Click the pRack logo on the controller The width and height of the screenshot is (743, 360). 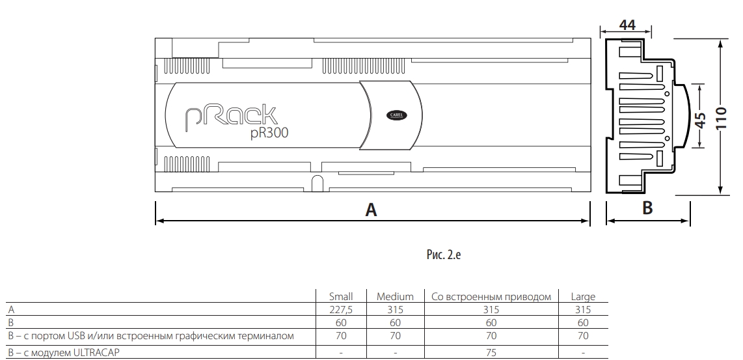[230, 117]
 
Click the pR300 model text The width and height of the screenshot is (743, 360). [269, 133]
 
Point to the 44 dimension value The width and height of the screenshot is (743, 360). [627, 25]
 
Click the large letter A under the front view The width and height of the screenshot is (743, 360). [371, 210]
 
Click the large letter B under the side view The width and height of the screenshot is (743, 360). [647, 208]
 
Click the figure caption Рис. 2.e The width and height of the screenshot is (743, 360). [444, 255]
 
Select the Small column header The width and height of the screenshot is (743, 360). [341, 296]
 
